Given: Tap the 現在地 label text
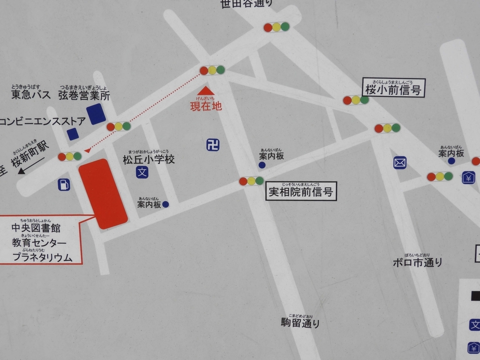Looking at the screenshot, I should pyautogui.click(x=206, y=106).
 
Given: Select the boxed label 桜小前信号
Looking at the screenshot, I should pyautogui.click(x=394, y=88).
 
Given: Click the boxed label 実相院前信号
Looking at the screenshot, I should pyautogui.click(x=301, y=191).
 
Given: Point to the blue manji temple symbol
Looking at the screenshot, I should pyautogui.click(x=213, y=144).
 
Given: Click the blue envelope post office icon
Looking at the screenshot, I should pyautogui.click(x=400, y=163).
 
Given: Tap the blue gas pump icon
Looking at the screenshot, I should pyautogui.click(x=64, y=185).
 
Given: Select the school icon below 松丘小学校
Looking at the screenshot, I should pyautogui.click(x=142, y=172).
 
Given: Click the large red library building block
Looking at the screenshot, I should pyautogui.click(x=103, y=194).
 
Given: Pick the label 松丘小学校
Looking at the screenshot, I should pyautogui.click(x=149, y=159).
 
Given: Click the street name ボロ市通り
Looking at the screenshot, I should pyautogui.click(x=417, y=262).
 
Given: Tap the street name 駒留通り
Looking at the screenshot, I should pyautogui.click(x=300, y=322).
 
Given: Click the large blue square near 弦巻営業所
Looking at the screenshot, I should pyautogui.click(x=96, y=114).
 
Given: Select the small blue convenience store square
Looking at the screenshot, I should pyautogui.click(x=73, y=134).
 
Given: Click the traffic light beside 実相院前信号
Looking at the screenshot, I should pyautogui.click(x=251, y=181).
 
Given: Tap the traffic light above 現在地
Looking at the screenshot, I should pyautogui.click(x=212, y=70).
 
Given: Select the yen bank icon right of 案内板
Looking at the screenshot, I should pyautogui.click(x=468, y=178).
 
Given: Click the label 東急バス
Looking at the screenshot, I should pyautogui.click(x=31, y=95).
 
